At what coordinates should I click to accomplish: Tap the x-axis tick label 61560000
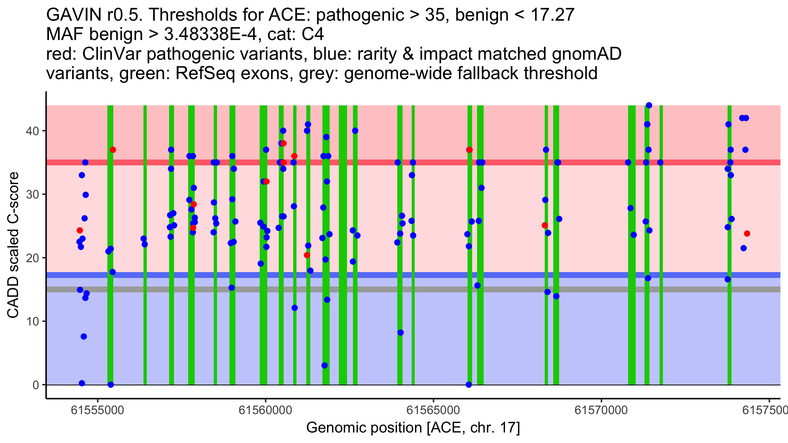[x=265, y=411]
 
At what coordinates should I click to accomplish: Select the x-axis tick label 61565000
[x=433, y=411]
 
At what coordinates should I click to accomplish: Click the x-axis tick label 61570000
[x=601, y=411]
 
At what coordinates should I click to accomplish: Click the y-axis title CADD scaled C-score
[x=13, y=245]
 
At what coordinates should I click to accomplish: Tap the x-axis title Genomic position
[x=413, y=428]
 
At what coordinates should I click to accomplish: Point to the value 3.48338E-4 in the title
[x=210, y=34]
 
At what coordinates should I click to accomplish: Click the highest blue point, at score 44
[x=649, y=105]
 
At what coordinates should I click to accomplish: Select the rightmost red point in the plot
[x=747, y=234]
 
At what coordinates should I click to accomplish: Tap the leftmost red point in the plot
[x=80, y=230]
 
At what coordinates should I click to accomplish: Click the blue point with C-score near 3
[x=324, y=366]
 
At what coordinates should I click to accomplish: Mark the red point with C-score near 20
[x=307, y=255]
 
